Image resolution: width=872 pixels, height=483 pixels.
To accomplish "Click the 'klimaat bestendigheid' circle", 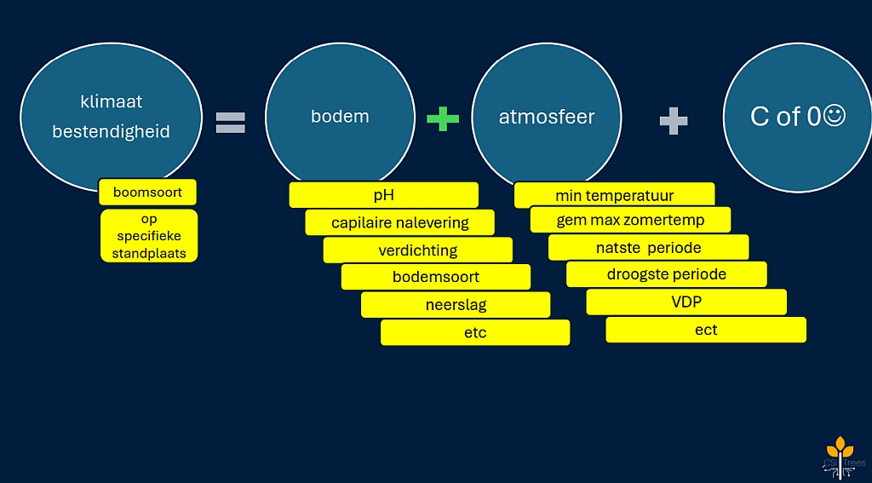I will pos(111,115).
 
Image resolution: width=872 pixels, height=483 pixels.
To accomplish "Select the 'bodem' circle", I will pos(340,116).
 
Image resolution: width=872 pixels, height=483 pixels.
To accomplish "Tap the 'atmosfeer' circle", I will pos(547,116).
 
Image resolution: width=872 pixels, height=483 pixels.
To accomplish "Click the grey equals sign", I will pos(230,124).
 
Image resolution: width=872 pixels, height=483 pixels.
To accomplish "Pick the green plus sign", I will pos(442,119).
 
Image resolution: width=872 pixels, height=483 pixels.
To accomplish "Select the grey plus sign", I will pos(674,121).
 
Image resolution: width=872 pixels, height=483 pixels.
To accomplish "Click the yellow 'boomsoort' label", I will pos(147,193).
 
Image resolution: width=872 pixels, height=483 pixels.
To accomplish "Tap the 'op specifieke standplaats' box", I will pos(149,236).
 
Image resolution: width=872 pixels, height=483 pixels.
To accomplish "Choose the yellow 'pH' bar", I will pos(383,195).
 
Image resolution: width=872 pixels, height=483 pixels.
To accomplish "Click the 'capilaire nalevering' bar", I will pos(400,222).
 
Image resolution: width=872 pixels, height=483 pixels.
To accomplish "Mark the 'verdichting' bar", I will pos(417,250).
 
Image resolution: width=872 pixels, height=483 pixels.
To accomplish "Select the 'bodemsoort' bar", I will pos(435,277).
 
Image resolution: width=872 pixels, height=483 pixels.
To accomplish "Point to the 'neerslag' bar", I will pos(456,304).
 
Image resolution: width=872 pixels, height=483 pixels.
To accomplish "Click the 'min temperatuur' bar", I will pos(614,195).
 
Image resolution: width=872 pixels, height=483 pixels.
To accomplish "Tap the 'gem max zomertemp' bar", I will pos(630,220).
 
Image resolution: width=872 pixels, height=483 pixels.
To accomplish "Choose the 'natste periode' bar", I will pos(648,248).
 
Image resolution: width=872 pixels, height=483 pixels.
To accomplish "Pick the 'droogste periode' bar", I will pos(666,274).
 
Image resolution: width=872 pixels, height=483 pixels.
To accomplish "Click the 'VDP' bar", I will pos(686,302).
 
